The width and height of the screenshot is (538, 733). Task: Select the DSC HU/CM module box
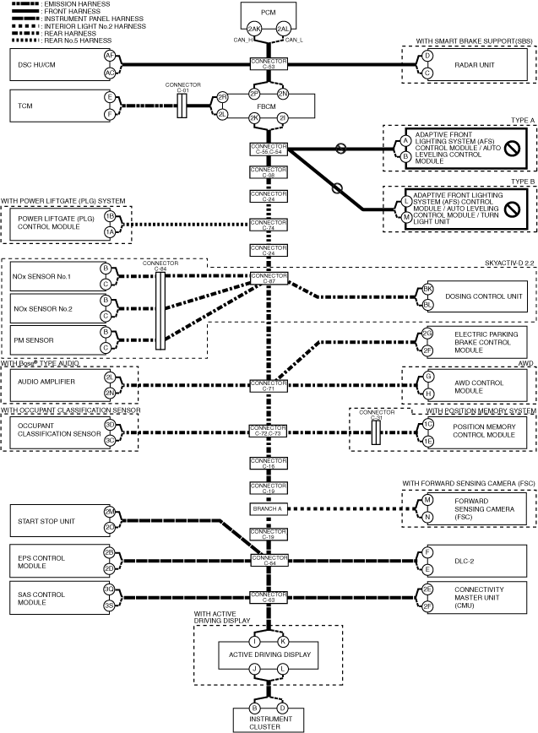(x=51, y=63)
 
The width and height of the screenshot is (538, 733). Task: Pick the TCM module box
(x=51, y=106)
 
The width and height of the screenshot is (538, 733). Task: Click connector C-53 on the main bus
(x=269, y=63)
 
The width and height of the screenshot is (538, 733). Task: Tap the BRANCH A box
(x=269, y=509)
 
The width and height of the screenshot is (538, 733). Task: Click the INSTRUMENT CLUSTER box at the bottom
(x=269, y=719)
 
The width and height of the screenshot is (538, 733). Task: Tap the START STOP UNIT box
(x=51, y=521)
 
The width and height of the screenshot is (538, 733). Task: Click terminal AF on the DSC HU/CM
(x=109, y=55)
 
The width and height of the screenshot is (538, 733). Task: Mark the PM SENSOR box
(x=51, y=339)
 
